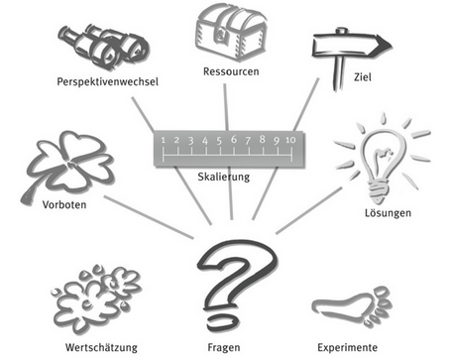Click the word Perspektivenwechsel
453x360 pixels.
pyautogui.click(x=108, y=81)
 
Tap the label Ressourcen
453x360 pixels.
pyautogui.click(x=231, y=71)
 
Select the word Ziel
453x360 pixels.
pyautogui.click(x=363, y=77)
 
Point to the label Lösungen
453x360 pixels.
pyautogui.click(x=388, y=213)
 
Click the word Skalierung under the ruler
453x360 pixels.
pyautogui.click(x=224, y=177)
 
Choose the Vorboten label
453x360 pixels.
pyautogui.click(x=64, y=204)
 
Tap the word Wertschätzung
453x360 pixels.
pyautogui.click(x=101, y=347)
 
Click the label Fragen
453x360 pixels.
pyautogui.click(x=224, y=348)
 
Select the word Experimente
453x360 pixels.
pyautogui.click(x=347, y=348)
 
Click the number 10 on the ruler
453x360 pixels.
pyautogui.click(x=290, y=140)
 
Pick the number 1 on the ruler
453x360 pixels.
pyautogui.click(x=163, y=140)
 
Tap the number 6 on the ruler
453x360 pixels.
pyautogui.click(x=234, y=139)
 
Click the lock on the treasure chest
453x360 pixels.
pyautogui.click(x=221, y=34)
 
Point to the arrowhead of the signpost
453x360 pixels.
pyautogui.click(x=384, y=45)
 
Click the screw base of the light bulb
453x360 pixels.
pyautogui.click(x=378, y=191)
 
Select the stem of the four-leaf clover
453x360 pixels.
pyautogui.click(x=32, y=192)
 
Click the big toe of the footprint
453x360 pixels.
pyautogui.click(x=383, y=293)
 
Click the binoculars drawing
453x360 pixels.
pyautogui.click(x=104, y=47)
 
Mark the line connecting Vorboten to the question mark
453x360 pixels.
pyautogui.click(x=149, y=217)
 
